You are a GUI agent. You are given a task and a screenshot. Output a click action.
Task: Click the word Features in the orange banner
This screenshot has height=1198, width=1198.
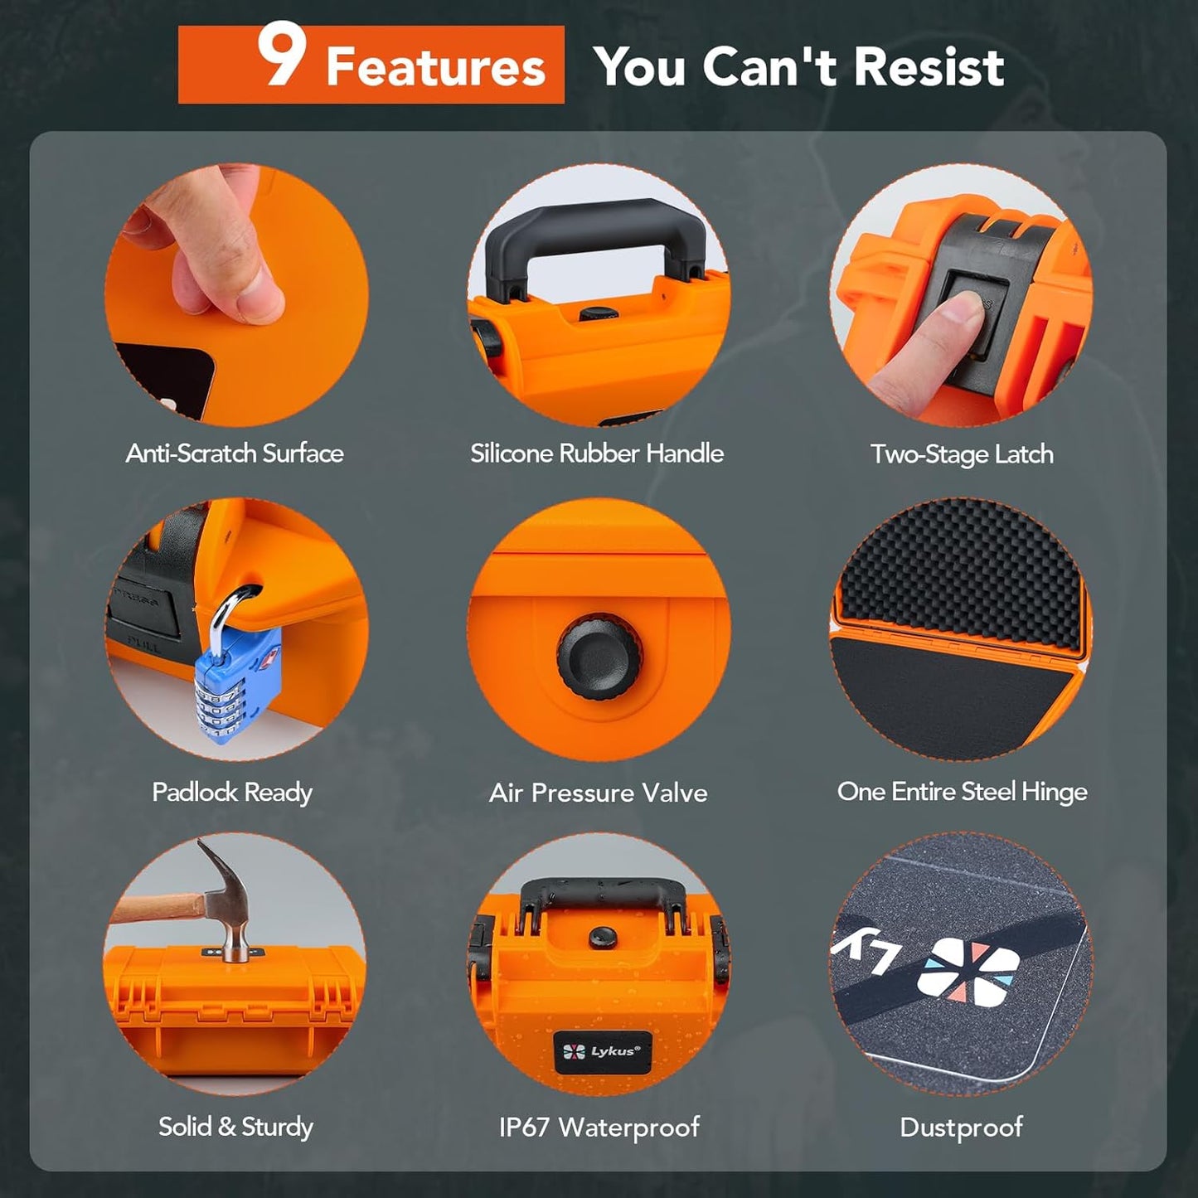[x=435, y=67]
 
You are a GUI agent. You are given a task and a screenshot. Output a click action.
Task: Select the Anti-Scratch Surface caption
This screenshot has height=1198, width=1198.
[x=235, y=453]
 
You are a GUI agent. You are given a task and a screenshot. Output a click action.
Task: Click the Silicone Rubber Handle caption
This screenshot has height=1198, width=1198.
[x=597, y=453]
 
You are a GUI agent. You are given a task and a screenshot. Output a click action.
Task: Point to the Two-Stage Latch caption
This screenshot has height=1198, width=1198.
[x=962, y=454]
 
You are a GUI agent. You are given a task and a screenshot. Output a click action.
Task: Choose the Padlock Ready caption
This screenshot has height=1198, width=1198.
[x=232, y=793]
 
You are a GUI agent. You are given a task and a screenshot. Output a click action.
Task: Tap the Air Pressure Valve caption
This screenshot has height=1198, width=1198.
[x=598, y=793]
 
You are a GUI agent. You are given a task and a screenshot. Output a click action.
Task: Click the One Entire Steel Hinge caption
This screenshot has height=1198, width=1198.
[x=962, y=792]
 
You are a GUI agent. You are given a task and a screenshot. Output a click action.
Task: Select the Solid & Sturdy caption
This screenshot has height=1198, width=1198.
[x=235, y=1127]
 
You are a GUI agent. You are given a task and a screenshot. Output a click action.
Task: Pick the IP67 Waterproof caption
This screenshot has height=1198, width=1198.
[x=599, y=1128]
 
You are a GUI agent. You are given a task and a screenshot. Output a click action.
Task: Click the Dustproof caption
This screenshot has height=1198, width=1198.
[x=961, y=1128]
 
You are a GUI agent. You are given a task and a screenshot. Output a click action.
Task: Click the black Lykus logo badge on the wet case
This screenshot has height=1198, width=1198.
[x=603, y=1052]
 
